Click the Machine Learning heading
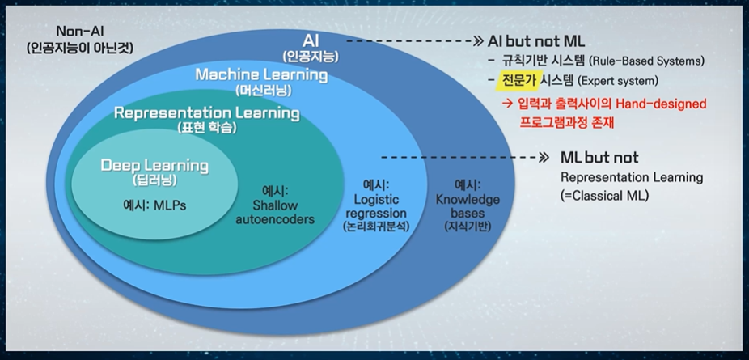(261, 75)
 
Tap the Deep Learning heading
(154, 166)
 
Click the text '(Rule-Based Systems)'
(646, 61)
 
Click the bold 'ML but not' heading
(599, 157)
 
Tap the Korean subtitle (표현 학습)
(207, 128)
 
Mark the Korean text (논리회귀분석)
(377, 227)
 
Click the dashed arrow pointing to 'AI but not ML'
(411, 40)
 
